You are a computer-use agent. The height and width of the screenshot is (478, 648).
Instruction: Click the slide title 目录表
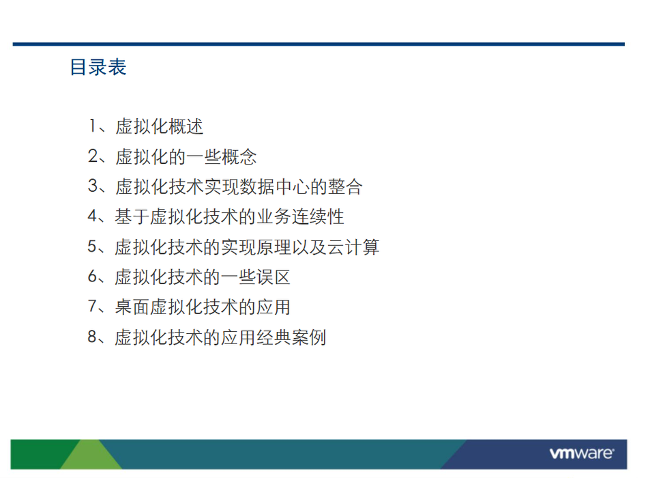(98, 67)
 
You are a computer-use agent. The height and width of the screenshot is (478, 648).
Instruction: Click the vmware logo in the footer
(581, 453)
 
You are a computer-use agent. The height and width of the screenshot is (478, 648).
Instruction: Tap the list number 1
(93, 126)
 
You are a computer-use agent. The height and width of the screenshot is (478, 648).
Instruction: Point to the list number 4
(93, 216)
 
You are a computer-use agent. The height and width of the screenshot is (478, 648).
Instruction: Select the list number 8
(92, 337)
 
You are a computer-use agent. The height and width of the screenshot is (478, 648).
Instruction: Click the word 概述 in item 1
(186, 126)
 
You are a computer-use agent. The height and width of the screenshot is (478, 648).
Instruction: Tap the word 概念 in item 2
(239, 156)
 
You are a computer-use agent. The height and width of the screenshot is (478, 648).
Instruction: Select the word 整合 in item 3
(346, 186)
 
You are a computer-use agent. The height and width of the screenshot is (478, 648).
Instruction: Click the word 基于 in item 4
(132, 216)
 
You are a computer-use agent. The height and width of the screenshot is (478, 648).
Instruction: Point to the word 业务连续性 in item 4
(301, 216)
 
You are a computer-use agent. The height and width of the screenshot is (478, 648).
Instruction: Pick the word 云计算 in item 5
(353, 247)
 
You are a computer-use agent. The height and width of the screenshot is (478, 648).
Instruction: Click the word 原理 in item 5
(274, 247)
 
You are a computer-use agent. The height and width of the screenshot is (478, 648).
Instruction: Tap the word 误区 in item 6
(274, 277)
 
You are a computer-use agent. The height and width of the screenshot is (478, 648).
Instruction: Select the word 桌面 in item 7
(132, 307)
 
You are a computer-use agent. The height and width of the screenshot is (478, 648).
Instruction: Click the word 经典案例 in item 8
(291, 337)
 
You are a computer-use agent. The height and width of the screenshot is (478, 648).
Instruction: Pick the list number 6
(92, 276)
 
